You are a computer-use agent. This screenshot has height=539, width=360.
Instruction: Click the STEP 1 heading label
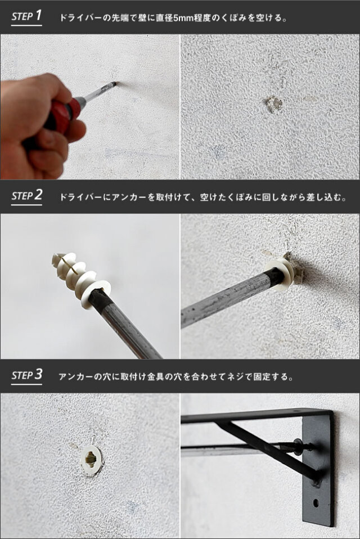pyautogui.click(x=26, y=16)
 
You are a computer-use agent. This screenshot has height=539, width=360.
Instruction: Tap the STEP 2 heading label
pyautogui.click(x=26, y=196)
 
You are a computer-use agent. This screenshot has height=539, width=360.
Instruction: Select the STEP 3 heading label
pyautogui.click(x=26, y=375)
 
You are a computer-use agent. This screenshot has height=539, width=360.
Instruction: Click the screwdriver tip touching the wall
pyautogui.click(x=115, y=83)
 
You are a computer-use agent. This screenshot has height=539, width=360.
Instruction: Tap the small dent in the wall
pyautogui.click(x=274, y=104)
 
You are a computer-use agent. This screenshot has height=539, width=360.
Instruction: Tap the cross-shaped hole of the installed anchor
pyautogui.click(x=91, y=459)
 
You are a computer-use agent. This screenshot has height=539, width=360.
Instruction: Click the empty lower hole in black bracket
pyautogui.click(x=316, y=503)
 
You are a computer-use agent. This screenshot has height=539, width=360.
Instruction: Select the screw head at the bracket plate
pyautogui.click(x=298, y=446)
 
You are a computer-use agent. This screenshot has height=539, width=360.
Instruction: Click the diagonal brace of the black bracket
pyautogui.click(x=268, y=450)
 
